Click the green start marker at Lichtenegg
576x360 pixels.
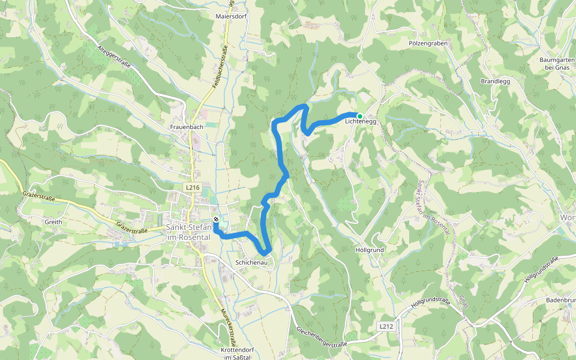(359, 116)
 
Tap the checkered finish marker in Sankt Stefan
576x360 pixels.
(216, 219)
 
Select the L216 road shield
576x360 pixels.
(192, 188)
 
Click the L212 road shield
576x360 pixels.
(386, 326)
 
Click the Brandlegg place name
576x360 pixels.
(495, 81)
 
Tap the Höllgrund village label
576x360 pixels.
(370, 249)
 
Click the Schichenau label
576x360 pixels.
(251, 263)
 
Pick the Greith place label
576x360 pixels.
(53, 221)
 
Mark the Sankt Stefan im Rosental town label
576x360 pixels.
(188, 232)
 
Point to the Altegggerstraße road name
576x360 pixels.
(114, 58)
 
